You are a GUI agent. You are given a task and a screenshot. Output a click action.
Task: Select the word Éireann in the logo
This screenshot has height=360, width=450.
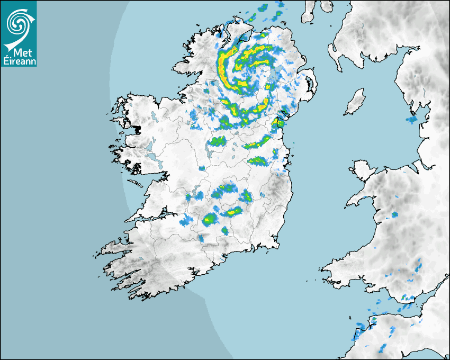tap(19, 61)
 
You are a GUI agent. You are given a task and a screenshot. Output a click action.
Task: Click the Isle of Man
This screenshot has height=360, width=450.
tap(355, 102)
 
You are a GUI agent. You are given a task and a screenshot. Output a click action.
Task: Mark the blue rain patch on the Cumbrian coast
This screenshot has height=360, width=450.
tap(411, 120)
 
